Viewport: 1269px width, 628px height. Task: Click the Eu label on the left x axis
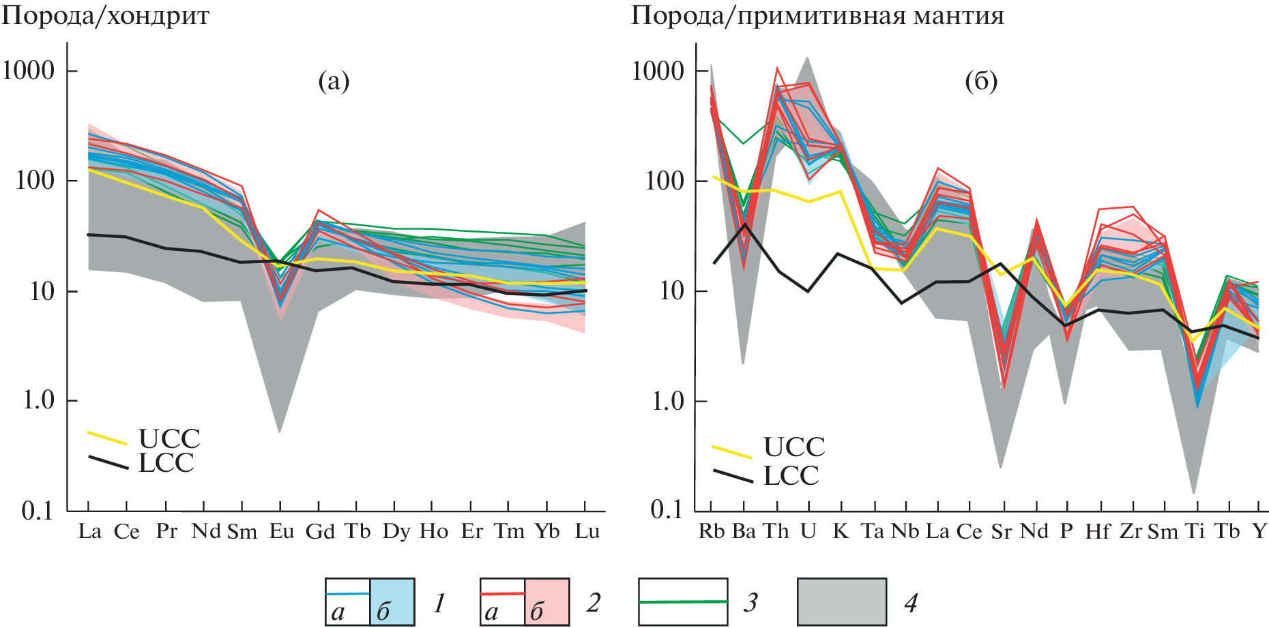[281, 531]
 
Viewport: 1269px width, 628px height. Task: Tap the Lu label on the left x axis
[587, 531]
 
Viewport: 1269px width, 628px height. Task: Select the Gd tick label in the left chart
[319, 531]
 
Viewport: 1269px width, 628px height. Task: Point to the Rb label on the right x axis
[711, 531]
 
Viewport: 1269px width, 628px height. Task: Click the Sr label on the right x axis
[1001, 531]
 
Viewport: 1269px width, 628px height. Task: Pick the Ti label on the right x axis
[1195, 531]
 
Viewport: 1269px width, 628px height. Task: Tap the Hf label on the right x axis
[1098, 531]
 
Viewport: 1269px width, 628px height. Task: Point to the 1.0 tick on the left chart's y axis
[38, 400]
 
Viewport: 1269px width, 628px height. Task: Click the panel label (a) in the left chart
[334, 82]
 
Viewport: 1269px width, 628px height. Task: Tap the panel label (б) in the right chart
[981, 82]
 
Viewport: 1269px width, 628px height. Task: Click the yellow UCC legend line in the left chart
[107, 438]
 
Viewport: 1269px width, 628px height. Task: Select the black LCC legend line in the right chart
[733, 475]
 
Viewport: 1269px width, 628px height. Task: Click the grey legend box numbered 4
[842, 601]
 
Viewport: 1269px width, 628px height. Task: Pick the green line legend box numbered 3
[683, 601]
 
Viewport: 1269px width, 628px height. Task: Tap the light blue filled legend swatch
[392, 601]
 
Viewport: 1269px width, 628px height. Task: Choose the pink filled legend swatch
[546, 601]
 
